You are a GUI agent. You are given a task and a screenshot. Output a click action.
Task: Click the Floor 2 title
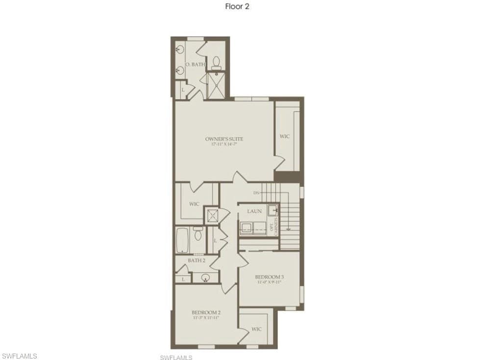point(237,6)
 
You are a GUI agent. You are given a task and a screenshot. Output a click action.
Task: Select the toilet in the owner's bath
point(216,63)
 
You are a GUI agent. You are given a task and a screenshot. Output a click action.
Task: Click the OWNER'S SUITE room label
point(224,139)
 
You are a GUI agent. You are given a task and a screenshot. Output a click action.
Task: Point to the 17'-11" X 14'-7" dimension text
point(224,144)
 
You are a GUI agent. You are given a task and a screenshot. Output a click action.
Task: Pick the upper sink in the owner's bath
point(180,49)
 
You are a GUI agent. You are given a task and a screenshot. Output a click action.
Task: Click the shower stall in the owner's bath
point(216,85)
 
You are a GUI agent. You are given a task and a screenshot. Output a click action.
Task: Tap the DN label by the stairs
point(256,192)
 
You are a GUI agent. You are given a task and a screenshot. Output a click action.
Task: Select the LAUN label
point(254,211)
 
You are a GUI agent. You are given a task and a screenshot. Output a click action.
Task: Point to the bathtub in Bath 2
point(182,240)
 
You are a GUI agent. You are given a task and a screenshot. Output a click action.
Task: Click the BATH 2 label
point(197,261)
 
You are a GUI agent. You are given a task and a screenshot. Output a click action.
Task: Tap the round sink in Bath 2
point(206,278)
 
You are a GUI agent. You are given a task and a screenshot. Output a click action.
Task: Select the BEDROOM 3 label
point(270,277)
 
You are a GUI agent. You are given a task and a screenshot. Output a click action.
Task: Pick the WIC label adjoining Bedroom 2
point(256,329)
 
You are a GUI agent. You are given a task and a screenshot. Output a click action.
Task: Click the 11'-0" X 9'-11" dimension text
point(270,282)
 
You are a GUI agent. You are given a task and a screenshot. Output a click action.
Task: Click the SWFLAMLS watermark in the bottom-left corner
point(19,355)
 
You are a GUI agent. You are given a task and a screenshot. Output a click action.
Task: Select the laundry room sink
point(272,211)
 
